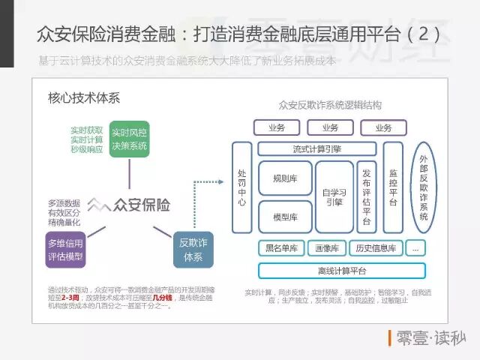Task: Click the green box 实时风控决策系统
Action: [x=129, y=138]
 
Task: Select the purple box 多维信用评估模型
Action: [x=66, y=250]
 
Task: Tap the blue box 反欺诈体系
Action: [x=193, y=249]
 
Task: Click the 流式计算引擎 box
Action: [x=316, y=148]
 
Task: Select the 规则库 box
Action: [x=284, y=178]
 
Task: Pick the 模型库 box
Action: [x=284, y=217]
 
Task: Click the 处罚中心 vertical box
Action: [x=242, y=186]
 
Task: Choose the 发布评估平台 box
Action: [x=367, y=196]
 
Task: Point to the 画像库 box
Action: [x=327, y=247]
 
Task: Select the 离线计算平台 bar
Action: [x=342, y=271]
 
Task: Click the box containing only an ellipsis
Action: [x=416, y=247]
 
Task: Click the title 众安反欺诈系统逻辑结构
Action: [x=330, y=104]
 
